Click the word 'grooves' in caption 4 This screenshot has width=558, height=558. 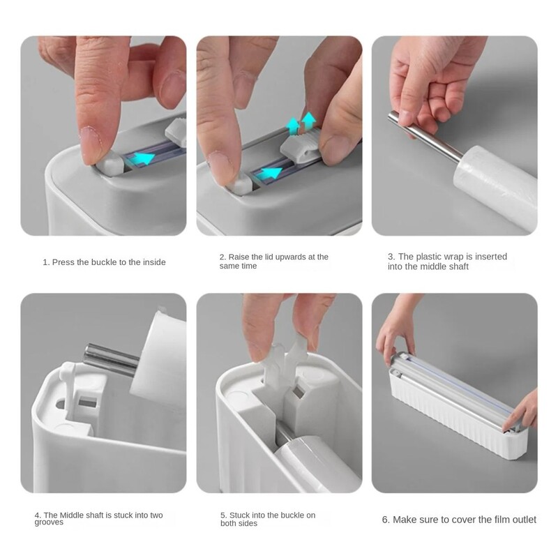49,522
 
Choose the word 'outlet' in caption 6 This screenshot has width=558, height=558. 525,520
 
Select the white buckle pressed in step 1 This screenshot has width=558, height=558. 110,163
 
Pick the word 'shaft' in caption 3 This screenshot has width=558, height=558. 458,266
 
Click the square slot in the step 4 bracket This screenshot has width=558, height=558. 88,402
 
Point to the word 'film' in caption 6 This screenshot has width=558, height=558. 502,520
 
